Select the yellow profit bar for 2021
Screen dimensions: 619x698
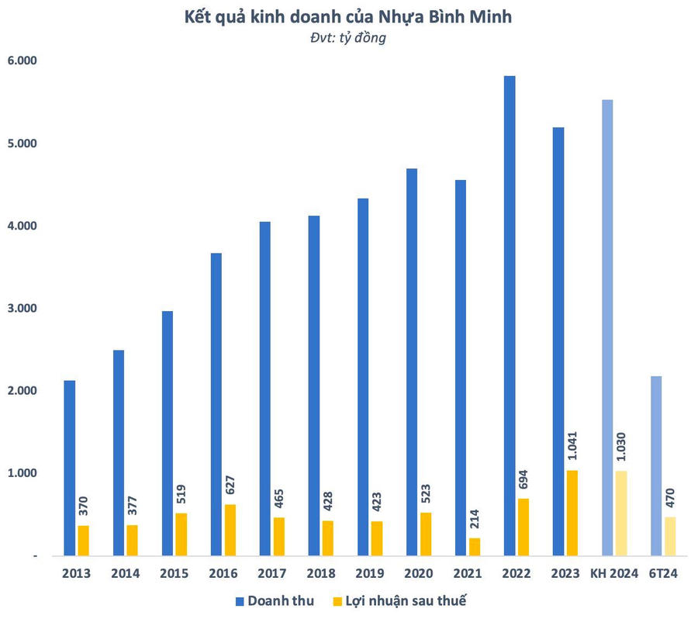click(x=475, y=546)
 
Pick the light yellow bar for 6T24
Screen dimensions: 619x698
click(x=670, y=536)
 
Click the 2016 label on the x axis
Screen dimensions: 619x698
click(x=223, y=574)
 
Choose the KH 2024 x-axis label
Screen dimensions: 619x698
click(x=613, y=574)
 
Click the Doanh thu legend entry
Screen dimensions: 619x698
click(x=271, y=600)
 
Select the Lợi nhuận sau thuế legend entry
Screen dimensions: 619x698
click(x=402, y=600)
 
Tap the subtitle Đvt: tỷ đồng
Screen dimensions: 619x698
click(x=348, y=37)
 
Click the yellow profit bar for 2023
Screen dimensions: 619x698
click(x=572, y=513)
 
